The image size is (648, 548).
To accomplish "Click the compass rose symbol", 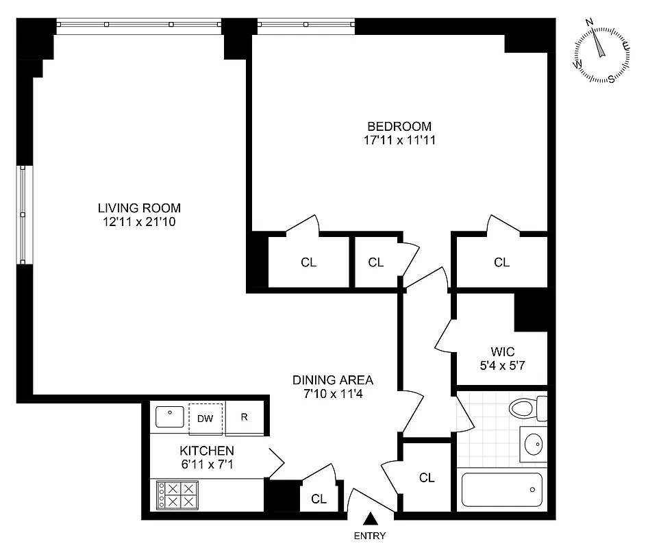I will tap(601, 53).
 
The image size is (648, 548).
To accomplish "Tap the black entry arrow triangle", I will tap(371, 520).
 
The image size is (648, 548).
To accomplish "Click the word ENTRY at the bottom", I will tap(371, 536).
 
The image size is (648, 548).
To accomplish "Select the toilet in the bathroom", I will tap(527, 409).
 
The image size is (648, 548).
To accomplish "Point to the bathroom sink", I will tap(532, 445).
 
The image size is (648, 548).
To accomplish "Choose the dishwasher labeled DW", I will tap(205, 417).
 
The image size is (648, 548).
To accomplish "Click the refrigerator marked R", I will tap(245, 417).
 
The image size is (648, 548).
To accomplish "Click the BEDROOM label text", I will tap(399, 127).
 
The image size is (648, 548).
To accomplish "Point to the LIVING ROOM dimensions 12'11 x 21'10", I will tap(139, 222).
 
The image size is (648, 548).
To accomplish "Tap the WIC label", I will tap(502, 351).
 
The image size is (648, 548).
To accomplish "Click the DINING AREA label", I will tap(333, 379).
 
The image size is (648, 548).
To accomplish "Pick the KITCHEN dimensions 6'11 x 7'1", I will tap(207, 464).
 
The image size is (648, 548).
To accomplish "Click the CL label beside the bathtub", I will tap(427, 478).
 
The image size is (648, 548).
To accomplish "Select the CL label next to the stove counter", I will tap(319, 499).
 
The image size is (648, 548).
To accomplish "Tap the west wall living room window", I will tap(23, 214).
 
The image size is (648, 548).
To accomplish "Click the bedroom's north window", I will tap(306, 26).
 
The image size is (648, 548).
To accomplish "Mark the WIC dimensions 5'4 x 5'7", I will tap(502, 366).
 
